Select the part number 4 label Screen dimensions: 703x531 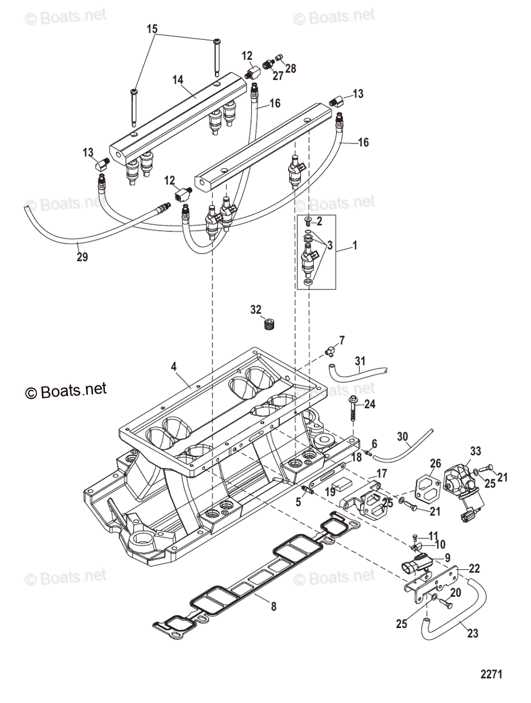coord(173,367)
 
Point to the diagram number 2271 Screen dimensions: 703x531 coord(492,674)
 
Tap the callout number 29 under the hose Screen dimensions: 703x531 coord(82,256)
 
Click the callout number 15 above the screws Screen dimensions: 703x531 coord(152,29)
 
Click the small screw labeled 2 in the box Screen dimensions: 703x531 coord(309,221)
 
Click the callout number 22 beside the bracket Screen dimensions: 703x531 coord(474,568)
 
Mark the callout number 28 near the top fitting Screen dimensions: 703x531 coord(290,69)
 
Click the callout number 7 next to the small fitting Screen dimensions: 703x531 coord(342,340)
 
